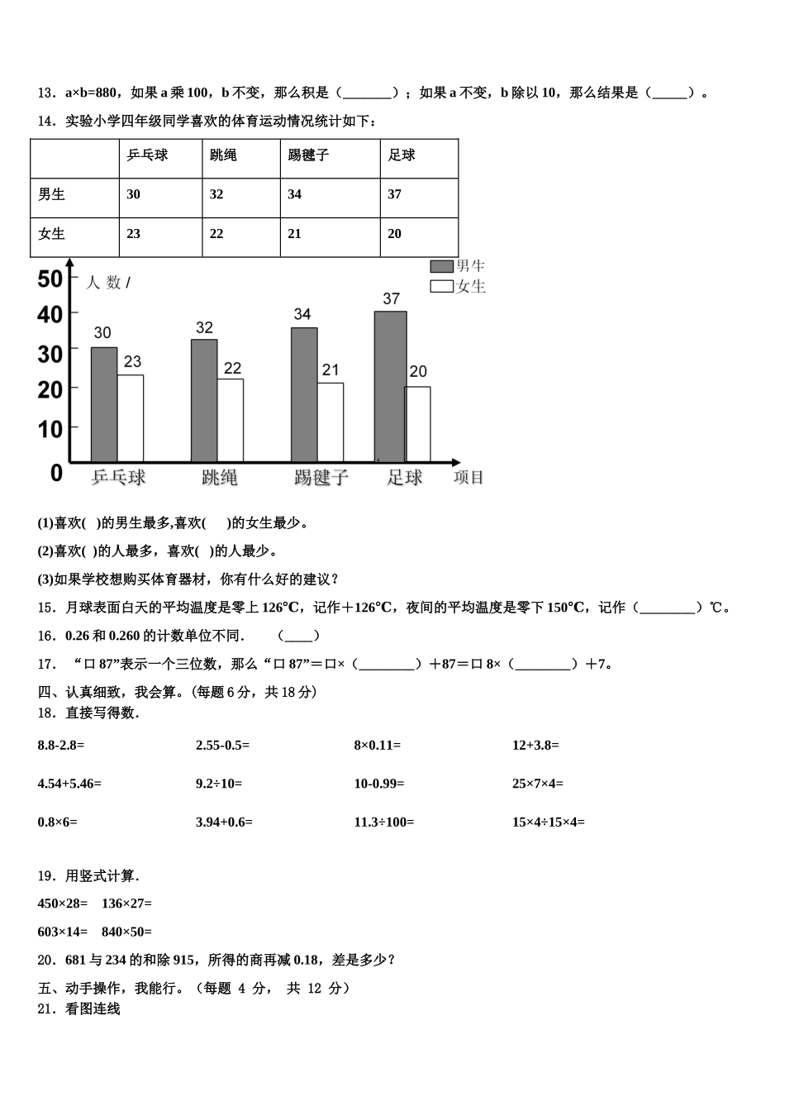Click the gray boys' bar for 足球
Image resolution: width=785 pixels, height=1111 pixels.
point(390,386)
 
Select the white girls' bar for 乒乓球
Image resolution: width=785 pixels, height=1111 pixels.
point(131,418)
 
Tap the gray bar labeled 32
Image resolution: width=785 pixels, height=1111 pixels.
point(204,400)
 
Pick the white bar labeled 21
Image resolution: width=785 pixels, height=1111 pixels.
point(331,422)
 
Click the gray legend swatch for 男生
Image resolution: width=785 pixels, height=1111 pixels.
point(441,266)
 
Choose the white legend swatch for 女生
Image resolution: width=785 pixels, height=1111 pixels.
point(441,287)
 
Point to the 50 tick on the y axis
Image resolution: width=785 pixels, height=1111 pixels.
point(50,279)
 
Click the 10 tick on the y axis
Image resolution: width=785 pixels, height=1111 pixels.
point(50,429)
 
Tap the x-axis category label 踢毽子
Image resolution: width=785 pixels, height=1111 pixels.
point(321,478)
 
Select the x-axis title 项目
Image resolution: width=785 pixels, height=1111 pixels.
point(469,478)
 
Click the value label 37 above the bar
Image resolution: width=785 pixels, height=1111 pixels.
point(391,299)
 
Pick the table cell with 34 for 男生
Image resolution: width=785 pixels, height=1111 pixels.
point(295,195)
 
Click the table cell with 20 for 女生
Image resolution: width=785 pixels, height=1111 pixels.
point(395,235)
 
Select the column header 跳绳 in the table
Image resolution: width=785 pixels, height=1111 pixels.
point(223,155)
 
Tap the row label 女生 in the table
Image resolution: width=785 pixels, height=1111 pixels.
point(52,235)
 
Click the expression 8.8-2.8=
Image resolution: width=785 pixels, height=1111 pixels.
point(61,746)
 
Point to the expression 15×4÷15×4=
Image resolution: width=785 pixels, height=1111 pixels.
point(548,823)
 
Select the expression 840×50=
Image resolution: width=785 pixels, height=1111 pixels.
point(126,932)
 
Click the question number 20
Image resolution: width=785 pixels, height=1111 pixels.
point(45,960)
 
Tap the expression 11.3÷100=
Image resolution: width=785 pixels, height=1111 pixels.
point(384,823)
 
